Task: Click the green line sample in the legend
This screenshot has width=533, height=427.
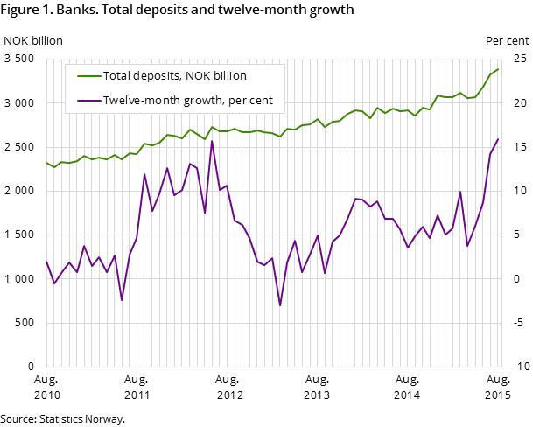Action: pos(84,76)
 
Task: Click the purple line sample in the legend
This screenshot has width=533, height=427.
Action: pos(84,101)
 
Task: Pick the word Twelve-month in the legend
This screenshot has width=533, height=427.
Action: pos(140,101)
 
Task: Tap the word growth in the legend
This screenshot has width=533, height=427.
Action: pos(200,101)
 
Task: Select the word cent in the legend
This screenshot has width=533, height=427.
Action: pos(261,101)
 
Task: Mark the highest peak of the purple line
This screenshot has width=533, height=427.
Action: pos(212,141)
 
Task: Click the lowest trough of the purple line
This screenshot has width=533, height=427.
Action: pos(280,305)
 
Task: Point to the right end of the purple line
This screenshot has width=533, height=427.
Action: pos(498,139)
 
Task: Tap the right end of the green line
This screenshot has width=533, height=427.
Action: pos(498,69)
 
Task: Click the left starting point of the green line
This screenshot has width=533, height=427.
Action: pos(46,162)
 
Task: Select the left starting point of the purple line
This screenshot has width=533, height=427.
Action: pos(46,260)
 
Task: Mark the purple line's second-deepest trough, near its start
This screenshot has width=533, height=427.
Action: pos(122,300)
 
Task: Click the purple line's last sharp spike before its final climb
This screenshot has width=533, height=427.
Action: pos(460,192)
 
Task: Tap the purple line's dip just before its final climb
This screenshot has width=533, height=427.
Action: pos(467,246)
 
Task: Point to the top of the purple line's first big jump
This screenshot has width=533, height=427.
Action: pos(144,174)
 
